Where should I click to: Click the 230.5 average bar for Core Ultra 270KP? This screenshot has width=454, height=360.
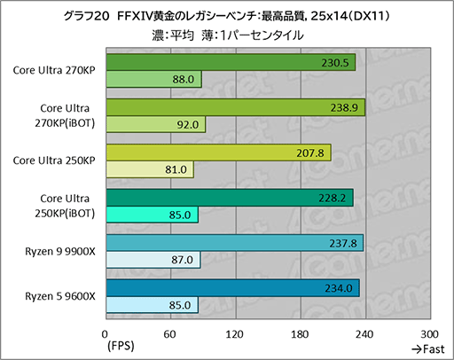[x=230, y=62]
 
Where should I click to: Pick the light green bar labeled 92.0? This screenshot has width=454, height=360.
[x=155, y=125]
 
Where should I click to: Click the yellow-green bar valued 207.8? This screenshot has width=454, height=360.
[x=217, y=152]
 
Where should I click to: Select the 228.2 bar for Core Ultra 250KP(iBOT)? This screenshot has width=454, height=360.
[x=229, y=197]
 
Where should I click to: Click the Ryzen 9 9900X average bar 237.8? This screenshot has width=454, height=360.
[x=234, y=242]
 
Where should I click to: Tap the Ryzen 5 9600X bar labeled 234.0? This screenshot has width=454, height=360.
[x=231, y=287]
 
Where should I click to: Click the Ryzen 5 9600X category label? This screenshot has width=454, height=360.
[x=59, y=295]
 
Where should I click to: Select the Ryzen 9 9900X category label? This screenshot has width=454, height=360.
[x=59, y=251]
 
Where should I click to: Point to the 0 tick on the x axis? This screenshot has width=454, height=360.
[x=106, y=333]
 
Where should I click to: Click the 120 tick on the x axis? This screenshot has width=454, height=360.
[x=235, y=333]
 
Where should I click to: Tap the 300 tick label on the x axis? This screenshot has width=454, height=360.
[x=429, y=333]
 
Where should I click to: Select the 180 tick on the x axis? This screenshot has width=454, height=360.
[x=300, y=333]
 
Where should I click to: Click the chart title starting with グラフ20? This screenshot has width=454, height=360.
[x=227, y=15]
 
